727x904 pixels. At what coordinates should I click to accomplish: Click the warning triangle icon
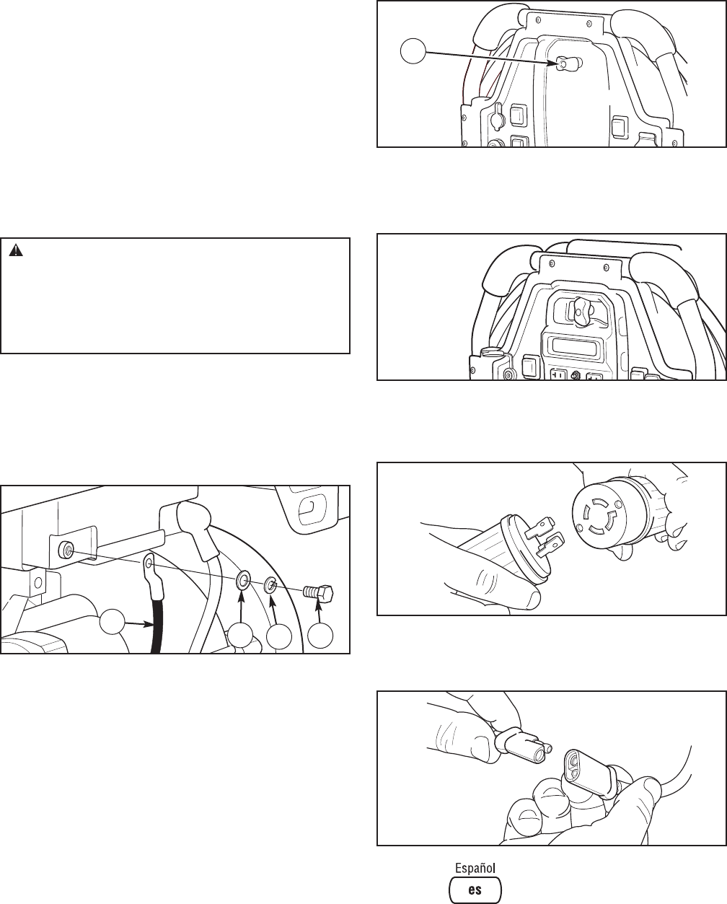click(x=16, y=251)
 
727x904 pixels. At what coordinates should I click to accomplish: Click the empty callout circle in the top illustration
click(x=414, y=51)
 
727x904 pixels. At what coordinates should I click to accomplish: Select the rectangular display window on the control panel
click(x=578, y=346)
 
